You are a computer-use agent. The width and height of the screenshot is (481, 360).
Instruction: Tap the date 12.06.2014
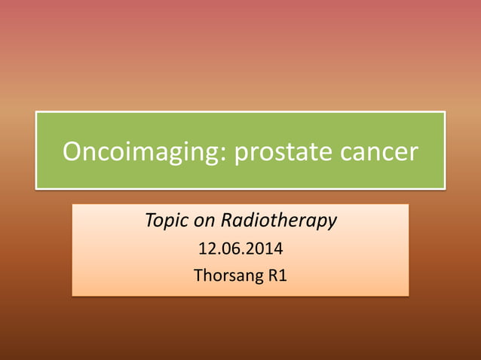tap(240, 249)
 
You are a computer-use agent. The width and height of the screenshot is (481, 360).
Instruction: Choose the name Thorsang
tap(227, 276)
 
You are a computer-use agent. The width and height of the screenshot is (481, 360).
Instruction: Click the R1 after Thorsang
tap(276, 276)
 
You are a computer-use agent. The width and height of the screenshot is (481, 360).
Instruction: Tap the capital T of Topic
tap(149, 221)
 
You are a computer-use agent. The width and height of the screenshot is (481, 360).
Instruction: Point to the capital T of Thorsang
tap(198, 276)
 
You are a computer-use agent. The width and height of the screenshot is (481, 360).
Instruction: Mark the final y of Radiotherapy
tap(332, 223)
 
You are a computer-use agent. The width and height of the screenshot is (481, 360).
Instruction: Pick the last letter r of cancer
tap(412, 154)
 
